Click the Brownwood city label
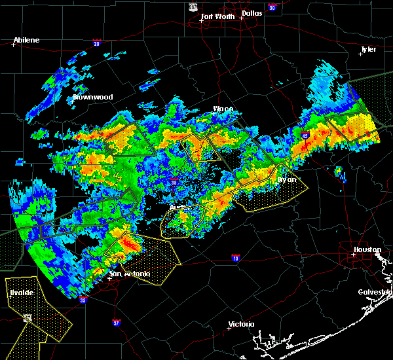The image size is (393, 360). (92, 97)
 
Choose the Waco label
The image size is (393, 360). (223, 109)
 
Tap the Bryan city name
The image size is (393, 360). (286, 179)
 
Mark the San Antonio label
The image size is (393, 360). (129, 274)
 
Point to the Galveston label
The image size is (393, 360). (375, 293)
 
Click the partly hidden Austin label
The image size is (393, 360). (178, 207)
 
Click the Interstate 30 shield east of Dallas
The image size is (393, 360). (271, 8)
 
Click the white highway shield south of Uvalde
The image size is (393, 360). (27, 318)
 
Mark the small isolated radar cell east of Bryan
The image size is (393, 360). (339, 171)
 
